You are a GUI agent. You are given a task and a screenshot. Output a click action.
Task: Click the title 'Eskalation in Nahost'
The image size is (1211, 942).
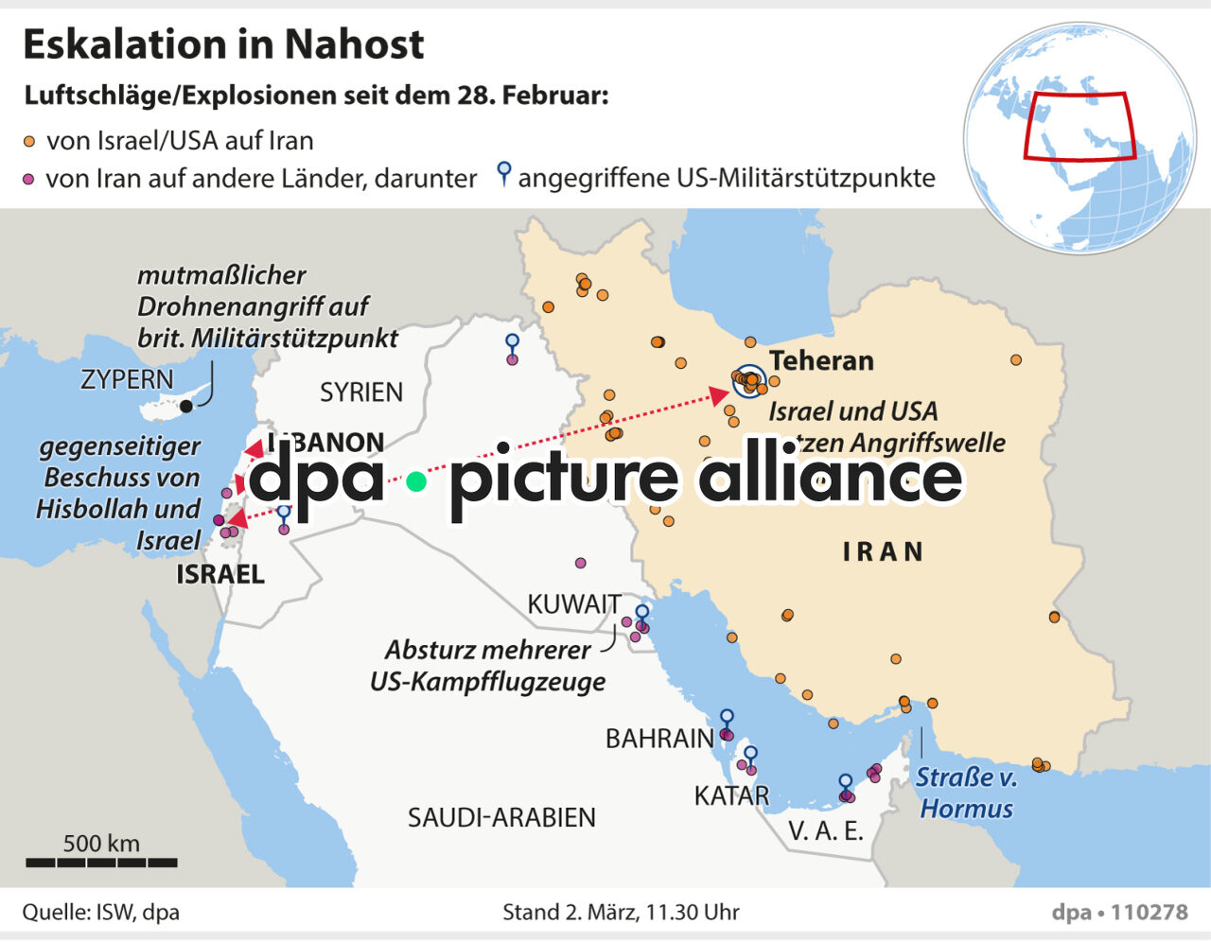pos(223,44)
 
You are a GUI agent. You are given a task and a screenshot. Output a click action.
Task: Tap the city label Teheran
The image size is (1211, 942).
pos(821,360)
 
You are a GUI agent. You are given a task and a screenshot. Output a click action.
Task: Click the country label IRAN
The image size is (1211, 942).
pos(883,551)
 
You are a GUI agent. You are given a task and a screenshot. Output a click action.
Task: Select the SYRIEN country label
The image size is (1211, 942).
pos(361,392)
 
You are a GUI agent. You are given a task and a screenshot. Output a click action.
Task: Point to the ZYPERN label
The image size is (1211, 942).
pos(127,379)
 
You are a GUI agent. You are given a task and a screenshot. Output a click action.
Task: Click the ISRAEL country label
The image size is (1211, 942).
pos(220,574)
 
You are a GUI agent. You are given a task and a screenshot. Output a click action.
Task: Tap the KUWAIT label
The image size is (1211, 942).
pos(574,603)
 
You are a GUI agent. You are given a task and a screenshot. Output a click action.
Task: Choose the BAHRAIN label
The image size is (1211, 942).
pos(659,738)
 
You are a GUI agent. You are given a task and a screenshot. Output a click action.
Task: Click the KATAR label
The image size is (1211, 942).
pos(731,795)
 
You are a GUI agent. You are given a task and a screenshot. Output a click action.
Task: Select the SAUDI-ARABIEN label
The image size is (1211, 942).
pos(501,817)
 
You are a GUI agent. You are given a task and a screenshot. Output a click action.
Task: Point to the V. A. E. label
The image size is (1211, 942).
pos(826,830)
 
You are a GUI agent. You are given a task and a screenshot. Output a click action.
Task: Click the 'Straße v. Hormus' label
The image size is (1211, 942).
pos(966,793)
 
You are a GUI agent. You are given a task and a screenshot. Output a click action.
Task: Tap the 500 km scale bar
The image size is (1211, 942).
pos(101,862)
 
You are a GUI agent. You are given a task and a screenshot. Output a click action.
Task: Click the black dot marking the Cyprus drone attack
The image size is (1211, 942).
pos(186,406)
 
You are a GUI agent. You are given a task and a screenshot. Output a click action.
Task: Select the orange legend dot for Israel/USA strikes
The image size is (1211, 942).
pos(29,142)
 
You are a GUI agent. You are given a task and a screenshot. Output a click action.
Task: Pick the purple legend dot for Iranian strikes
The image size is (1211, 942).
pos(28,179)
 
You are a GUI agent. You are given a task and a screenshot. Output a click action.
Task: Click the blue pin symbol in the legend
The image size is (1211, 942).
pos(504,173)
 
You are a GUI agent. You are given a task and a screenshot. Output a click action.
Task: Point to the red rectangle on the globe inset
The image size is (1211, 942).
pos(1079,127)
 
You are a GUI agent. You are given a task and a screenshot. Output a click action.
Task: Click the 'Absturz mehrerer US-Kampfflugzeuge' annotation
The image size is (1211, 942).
pos(488,665)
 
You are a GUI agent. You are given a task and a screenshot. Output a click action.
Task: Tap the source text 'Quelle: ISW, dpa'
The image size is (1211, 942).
pos(101,912)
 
